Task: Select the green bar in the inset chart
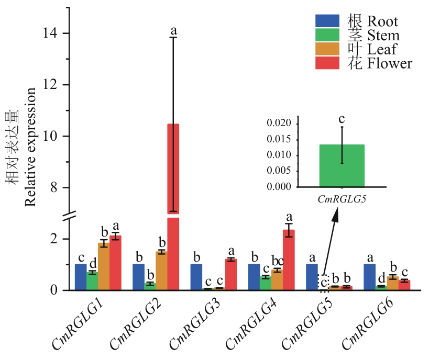click(342, 165)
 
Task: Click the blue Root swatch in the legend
click(328, 21)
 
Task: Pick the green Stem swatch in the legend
click(328, 35)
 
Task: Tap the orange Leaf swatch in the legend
click(328, 49)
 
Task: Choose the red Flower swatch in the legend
click(328, 63)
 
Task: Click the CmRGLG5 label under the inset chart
click(342, 199)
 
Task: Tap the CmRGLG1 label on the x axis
click(79, 325)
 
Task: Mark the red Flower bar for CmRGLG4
click(289, 260)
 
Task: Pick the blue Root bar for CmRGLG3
click(196, 277)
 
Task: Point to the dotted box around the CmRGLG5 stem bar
click(323, 283)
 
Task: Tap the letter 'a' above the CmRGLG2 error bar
click(173, 30)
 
